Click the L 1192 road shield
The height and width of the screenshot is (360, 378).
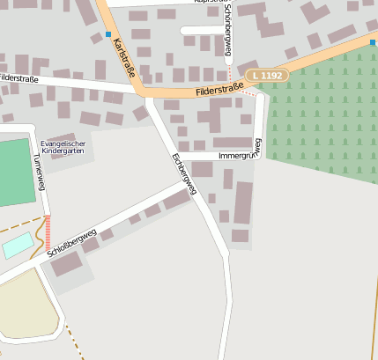[267, 77]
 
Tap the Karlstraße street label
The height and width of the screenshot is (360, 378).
[123, 56]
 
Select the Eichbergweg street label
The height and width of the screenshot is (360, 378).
[183, 173]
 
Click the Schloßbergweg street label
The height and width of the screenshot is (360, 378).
[74, 239]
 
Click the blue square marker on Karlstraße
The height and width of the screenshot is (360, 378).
[108, 34]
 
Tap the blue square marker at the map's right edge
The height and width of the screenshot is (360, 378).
[374, 40]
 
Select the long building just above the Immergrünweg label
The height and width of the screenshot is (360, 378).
[232, 141]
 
